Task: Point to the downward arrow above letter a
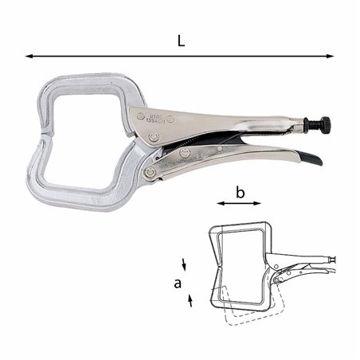tap(186, 264)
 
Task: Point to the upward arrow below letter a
tap(190, 299)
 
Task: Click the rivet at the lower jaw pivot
tap(149, 173)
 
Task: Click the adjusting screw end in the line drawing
tap(332, 259)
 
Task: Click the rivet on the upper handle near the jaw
tap(141, 116)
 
